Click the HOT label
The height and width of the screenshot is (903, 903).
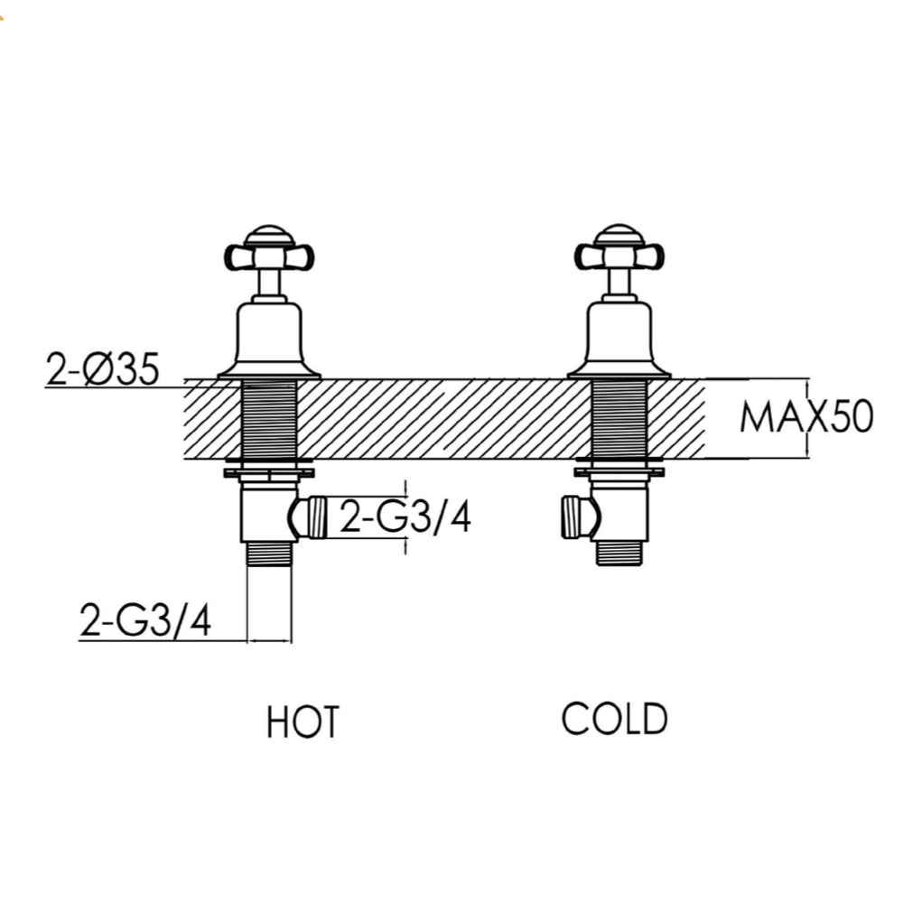click(x=303, y=721)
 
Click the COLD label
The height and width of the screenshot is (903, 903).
click(x=614, y=719)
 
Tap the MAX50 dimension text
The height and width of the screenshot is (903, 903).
click(x=806, y=418)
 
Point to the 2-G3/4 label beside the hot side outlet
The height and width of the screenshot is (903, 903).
click(x=405, y=518)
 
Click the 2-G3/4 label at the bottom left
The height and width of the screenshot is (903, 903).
click(x=145, y=621)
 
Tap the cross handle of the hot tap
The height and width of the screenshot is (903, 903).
click(x=269, y=256)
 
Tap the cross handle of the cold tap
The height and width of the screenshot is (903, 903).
click(x=619, y=256)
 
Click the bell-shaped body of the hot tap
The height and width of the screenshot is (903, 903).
click(x=269, y=339)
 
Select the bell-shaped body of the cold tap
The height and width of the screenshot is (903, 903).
click(x=619, y=339)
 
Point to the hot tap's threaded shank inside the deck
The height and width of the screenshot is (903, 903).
click(x=269, y=419)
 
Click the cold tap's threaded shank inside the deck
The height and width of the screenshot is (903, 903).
click(x=619, y=419)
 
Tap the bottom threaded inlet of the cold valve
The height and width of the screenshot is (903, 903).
click(x=619, y=552)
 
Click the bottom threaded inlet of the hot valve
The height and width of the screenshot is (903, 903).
click(x=269, y=552)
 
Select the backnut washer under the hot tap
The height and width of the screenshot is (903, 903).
click(x=269, y=470)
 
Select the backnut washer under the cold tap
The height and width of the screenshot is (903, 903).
click(x=619, y=470)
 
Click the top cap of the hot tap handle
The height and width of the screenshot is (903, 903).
click(x=269, y=233)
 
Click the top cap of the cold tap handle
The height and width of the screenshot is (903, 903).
click(x=619, y=233)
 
